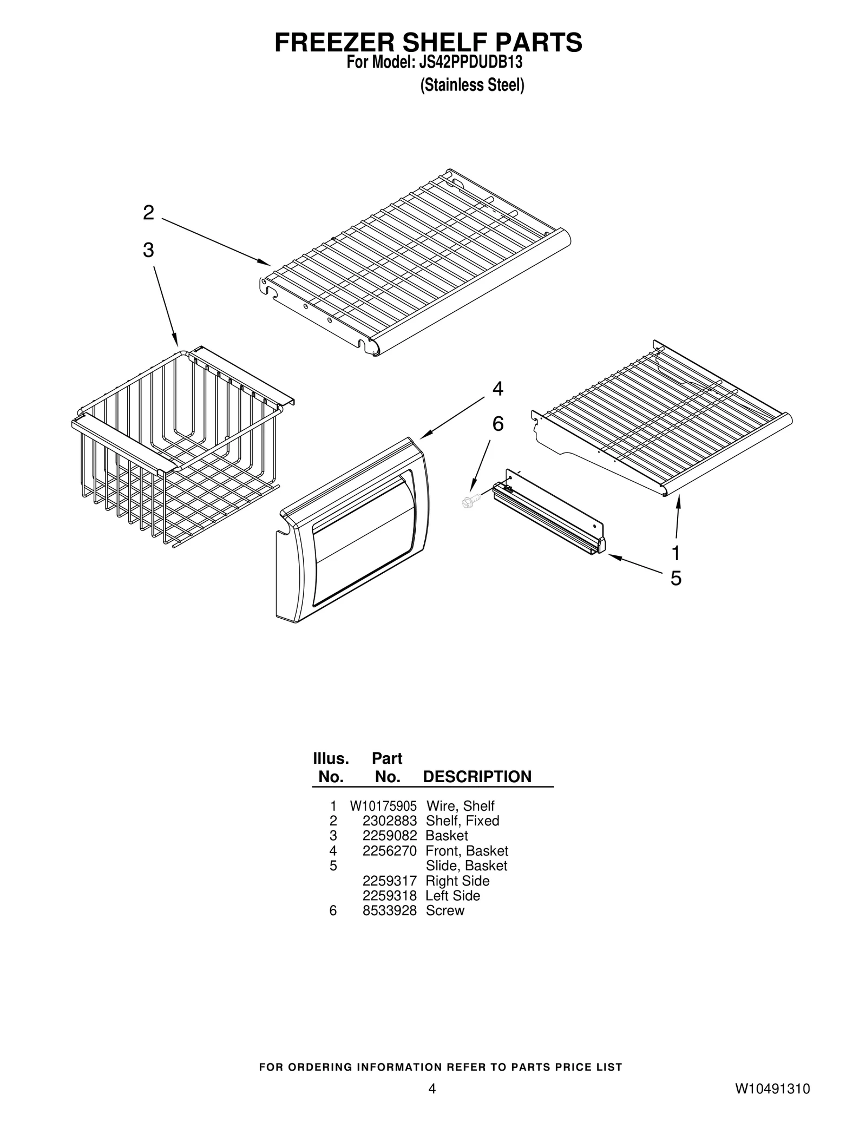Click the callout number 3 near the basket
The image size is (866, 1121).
point(148,251)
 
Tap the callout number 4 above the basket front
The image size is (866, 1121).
point(497,389)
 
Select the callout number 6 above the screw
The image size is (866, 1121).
point(497,424)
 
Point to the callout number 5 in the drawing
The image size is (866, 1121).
point(676,579)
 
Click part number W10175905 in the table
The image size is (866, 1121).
point(383,806)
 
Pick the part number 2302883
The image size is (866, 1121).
point(389,821)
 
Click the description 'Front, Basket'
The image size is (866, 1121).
point(467,851)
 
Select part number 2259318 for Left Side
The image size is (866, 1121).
point(389,895)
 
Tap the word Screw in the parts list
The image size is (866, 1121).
point(445,910)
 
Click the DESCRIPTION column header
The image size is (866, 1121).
point(477,777)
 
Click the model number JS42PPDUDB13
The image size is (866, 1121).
point(470,63)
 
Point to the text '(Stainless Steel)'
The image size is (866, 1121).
point(472,86)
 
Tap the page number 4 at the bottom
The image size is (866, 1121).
point(432,1089)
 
